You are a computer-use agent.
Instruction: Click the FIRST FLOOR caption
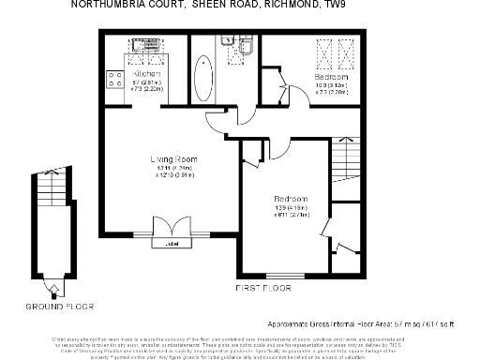pos(263,286)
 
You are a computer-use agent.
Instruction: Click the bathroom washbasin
pos(226,43)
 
